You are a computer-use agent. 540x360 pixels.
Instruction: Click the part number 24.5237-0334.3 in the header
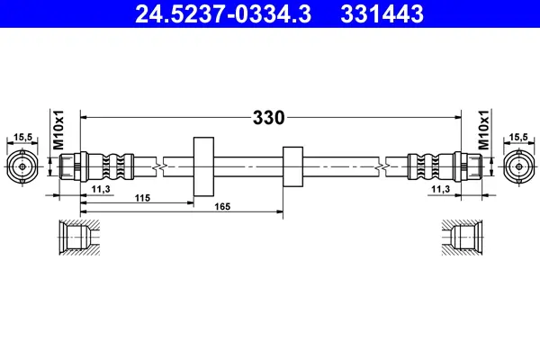click(223, 14)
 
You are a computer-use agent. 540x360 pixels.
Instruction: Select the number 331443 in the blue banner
click(382, 14)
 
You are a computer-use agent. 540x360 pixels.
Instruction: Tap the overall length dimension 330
click(268, 118)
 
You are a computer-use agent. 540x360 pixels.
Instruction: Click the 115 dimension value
click(142, 198)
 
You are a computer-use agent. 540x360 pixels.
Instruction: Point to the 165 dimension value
click(222, 207)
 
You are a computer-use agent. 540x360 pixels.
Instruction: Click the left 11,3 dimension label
click(101, 189)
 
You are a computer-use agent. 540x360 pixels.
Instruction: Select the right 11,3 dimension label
click(440, 189)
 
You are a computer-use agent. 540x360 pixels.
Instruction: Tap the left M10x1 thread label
click(58, 130)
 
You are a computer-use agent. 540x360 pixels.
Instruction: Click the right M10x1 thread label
click(483, 130)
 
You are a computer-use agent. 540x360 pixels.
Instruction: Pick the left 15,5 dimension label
click(22, 137)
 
